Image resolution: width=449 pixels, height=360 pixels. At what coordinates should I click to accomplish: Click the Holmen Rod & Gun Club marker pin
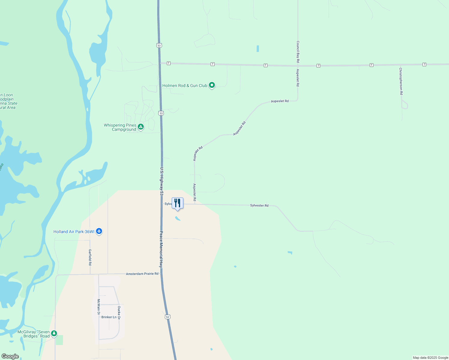(212, 85)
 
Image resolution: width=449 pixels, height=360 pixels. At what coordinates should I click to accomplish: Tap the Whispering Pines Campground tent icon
(140, 127)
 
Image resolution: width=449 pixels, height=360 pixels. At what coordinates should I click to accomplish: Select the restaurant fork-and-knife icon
(177, 203)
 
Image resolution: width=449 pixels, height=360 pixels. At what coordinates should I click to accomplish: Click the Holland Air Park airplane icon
(99, 231)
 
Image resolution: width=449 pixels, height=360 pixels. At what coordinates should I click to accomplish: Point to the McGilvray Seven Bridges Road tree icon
(54, 333)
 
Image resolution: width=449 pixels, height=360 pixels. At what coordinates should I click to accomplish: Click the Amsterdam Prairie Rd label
(142, 274)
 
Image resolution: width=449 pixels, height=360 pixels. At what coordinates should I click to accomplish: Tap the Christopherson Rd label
(401, 81)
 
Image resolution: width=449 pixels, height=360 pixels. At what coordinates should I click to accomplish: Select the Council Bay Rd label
(298, 52)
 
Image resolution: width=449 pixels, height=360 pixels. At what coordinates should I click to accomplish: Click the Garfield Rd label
(90, 257)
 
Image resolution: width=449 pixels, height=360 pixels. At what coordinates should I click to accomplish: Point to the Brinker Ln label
(109, 317)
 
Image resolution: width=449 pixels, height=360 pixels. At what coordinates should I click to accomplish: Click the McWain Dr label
(98, 307)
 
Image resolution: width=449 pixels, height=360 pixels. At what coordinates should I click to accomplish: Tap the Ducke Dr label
(119, 313)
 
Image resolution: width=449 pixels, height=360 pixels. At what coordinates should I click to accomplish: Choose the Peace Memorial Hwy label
(161, 249)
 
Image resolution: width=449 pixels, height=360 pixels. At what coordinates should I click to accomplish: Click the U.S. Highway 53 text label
(161, 181)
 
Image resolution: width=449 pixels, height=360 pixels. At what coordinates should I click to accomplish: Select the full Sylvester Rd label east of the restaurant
(259, 205)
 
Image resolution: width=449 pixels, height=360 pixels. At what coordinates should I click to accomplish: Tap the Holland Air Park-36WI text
(74, 232)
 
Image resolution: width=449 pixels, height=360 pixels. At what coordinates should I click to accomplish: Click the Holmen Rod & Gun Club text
(185, 85)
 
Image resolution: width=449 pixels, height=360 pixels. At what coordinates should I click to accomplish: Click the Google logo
(10, 356)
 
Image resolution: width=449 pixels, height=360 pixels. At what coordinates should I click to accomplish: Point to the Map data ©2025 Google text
(430, 358)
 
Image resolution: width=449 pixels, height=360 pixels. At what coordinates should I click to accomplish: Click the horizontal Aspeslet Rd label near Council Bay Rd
(280, 101)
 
